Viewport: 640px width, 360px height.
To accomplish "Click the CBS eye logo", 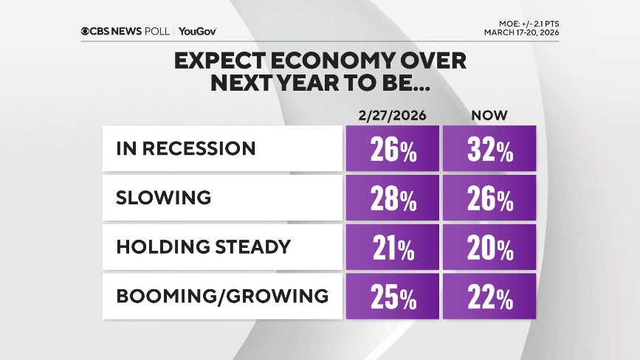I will click(86, 31).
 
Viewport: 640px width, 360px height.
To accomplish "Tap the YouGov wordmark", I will click(198, 31).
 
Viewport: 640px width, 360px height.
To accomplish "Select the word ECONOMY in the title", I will click(317, 61).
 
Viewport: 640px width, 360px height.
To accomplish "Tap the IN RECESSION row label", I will click(186, 148).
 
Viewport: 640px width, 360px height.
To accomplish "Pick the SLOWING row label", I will click(164, 198).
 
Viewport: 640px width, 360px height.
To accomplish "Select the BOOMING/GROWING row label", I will click(222, 296).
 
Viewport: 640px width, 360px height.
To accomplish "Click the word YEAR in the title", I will click(326, 83).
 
